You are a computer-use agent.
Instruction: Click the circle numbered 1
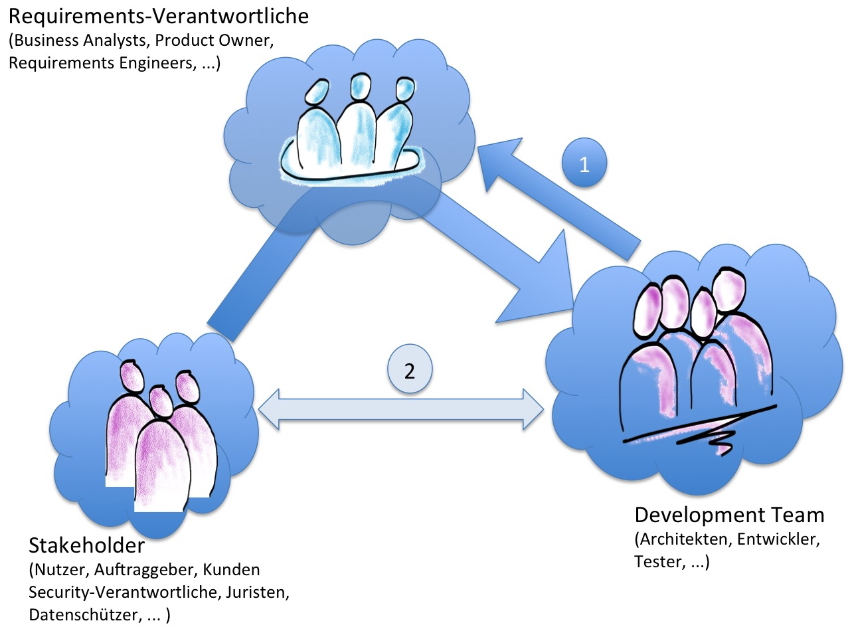coord(584,165)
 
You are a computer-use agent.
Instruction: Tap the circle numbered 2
coord(410,370)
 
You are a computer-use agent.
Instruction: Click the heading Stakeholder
coord(86,547)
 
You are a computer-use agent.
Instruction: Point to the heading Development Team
coord(729,515)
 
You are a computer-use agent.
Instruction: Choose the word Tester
coord(655,561)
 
